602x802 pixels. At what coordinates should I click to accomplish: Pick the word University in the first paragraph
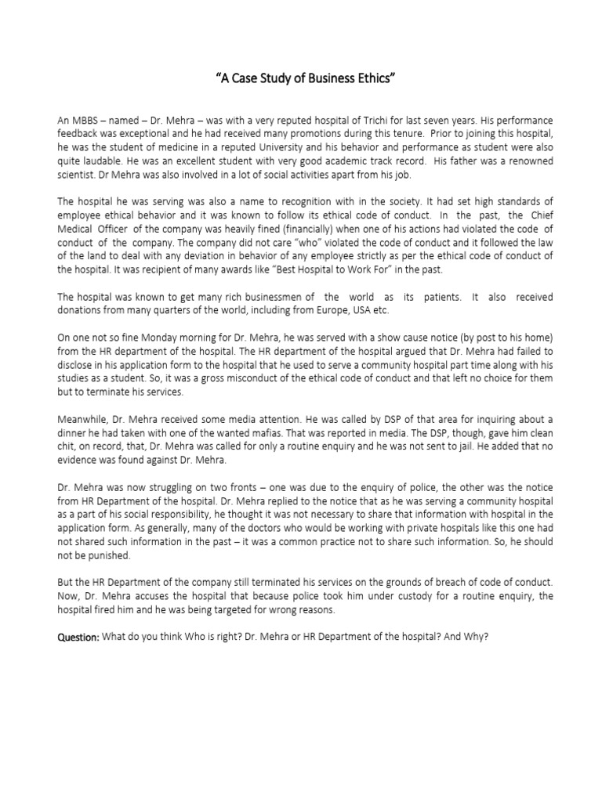pyautogui.click(x=303, y=148)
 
